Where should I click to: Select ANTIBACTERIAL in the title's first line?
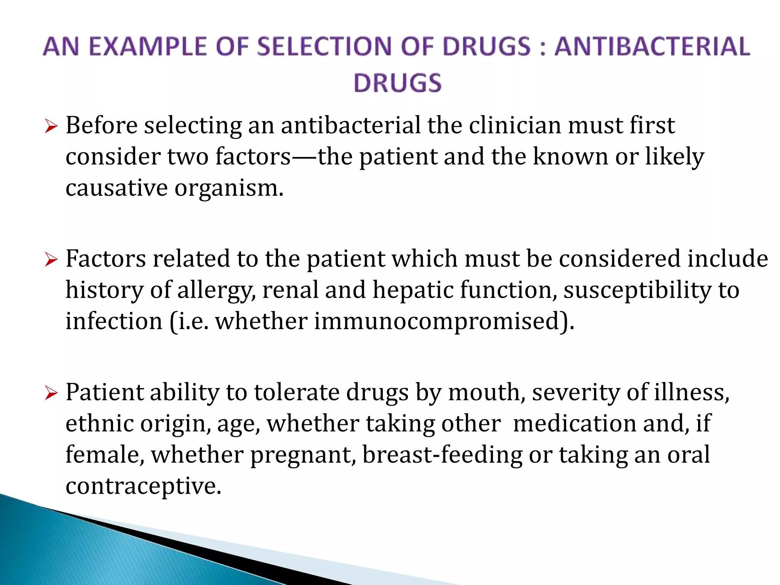point(652,47)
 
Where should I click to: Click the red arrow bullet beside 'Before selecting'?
point(51,126)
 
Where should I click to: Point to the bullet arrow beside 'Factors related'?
point(51,260)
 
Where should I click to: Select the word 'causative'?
point(117,188)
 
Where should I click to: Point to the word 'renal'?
point(290,290)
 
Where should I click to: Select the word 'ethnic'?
point(99,424)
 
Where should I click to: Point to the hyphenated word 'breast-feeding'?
point(442,455)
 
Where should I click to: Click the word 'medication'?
point(575,424)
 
